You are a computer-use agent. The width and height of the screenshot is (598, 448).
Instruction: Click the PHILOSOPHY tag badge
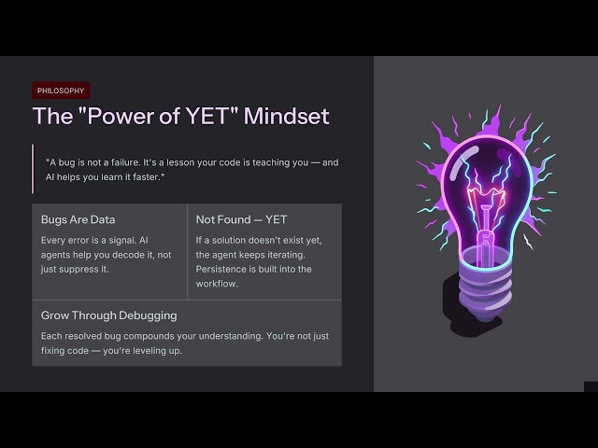click(x=61, y=91)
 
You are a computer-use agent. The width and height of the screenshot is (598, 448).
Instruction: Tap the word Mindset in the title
click(x=287, y=116)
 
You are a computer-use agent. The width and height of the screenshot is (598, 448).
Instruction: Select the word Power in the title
click(x=121, y=116)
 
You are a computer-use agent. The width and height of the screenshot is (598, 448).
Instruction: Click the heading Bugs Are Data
click(x=78, y=220)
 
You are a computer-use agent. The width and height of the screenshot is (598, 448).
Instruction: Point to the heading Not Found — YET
click(x=241, y=220)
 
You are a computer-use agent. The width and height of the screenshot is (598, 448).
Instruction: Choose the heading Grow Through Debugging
click(x=109, y=315)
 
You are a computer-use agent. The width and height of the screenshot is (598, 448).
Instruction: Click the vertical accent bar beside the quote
click(x=33, y=169)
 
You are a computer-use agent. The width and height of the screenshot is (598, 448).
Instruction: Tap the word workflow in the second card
click(x=216, y=284)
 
